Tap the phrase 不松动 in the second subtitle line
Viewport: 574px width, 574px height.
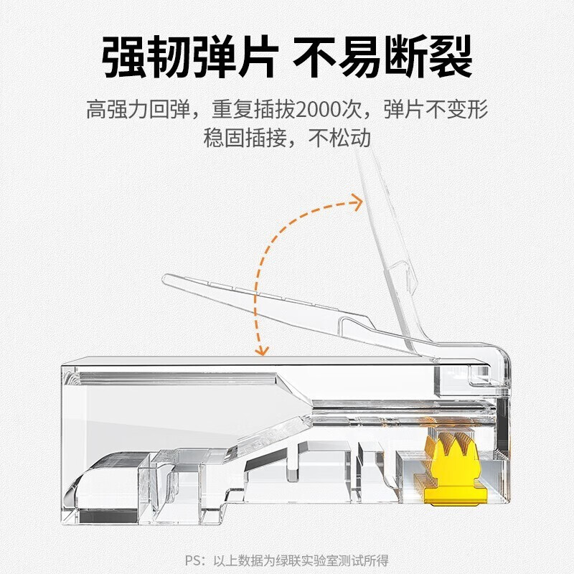point(339,138)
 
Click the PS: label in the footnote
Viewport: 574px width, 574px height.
point(193,559)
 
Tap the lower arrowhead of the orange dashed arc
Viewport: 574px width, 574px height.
point(263,349)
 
